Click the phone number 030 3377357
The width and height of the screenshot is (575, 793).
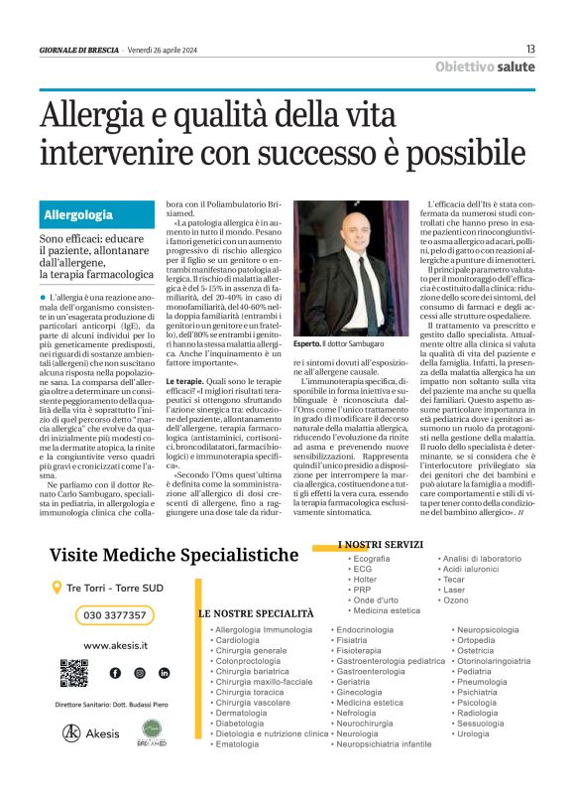click(x=115, y=615)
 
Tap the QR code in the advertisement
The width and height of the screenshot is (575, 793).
click(x=73, y=673)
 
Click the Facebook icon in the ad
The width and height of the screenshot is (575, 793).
click(x=115, y=673)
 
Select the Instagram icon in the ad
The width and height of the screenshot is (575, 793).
click(x=139, y=673)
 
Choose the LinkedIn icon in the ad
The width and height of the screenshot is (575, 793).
click(x=164, y=673)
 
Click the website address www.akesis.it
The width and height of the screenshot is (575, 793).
click(x=116, y=645)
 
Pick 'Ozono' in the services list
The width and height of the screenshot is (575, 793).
click(x=456, y=600)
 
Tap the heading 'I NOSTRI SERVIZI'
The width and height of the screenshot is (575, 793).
click(x=382, y=545)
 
